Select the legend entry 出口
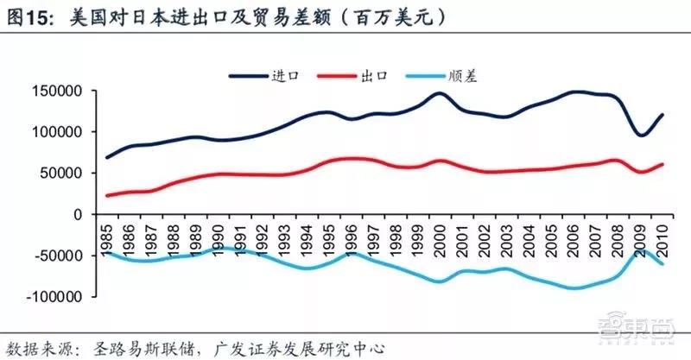coord(352,76)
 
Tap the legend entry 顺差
coord(441,76)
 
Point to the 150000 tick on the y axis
coord(57,92)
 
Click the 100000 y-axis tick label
coord(57,132)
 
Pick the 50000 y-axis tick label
coord(60,174)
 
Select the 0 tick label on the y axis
coord(78,215)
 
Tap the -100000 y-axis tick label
coord(54,297)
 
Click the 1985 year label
coord(106,241)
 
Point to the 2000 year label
coord(440,241)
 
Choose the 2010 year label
coord(662,241)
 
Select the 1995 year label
coord(328,241)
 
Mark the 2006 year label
coord(573,241)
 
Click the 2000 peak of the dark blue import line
coord(440,93)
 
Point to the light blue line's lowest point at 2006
coord(573,288)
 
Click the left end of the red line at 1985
coord(107,195)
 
